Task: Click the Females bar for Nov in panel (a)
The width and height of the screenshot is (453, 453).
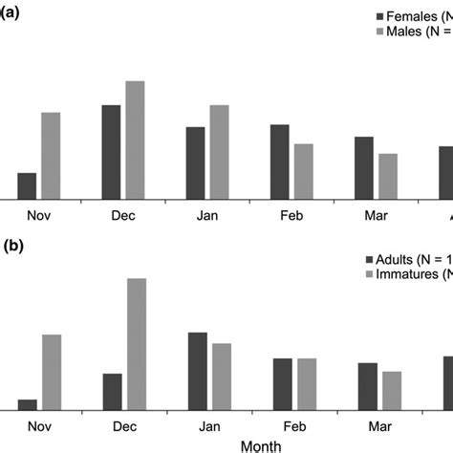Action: [x=27, y=185]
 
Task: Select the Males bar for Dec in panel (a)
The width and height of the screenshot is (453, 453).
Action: [x=135, y=140]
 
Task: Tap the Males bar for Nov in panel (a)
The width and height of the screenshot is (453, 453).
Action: [x=51, y=155]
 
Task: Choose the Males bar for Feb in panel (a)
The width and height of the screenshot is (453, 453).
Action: [x=303, y=171]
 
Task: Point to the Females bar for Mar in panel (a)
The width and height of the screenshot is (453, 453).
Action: [x=364, y=167]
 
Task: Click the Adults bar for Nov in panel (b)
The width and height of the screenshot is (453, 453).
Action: [x=27, y=404]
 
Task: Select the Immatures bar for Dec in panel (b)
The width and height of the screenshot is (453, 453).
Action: [x=137, y=344]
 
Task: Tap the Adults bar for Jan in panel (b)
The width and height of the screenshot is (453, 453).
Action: [x=198, y=371]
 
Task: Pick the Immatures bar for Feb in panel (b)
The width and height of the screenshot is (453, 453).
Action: [x=307, y=384]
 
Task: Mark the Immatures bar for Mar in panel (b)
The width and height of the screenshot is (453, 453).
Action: [x=392, y=390]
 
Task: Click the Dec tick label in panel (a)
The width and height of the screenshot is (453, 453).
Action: [x=123, y=216]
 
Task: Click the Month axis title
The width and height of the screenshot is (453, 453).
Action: [x=261, y=445]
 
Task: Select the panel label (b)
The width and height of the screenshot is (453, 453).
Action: [x=12, y=246]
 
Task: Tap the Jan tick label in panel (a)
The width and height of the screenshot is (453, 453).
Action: [x=208, y=216]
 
